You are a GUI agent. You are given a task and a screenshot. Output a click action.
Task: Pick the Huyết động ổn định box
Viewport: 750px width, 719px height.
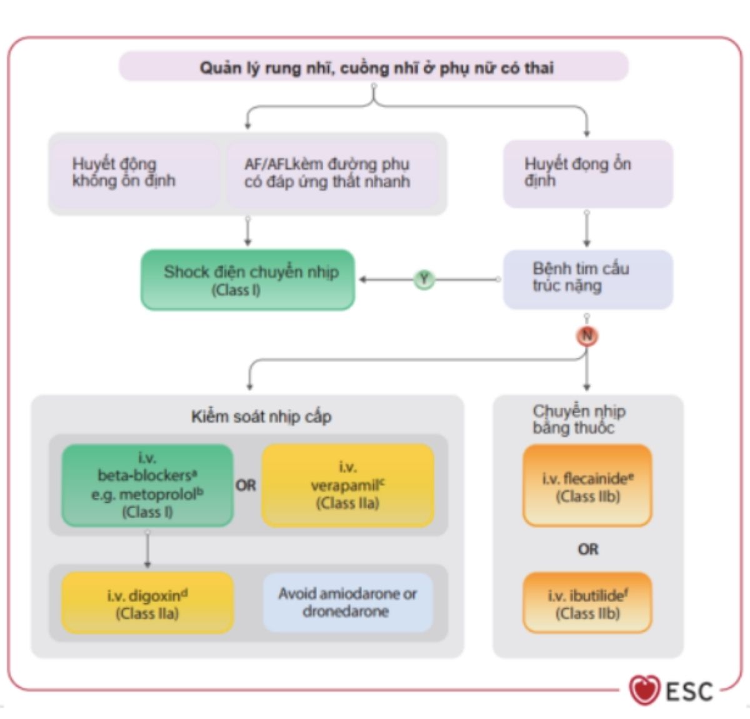587,173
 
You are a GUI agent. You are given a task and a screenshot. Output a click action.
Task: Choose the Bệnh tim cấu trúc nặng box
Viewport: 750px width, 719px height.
587,278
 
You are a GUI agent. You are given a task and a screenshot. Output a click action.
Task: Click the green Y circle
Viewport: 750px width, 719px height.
424,279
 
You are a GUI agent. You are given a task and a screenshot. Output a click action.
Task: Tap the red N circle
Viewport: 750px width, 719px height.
587,336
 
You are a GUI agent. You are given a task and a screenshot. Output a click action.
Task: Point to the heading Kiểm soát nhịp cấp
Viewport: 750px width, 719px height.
261,416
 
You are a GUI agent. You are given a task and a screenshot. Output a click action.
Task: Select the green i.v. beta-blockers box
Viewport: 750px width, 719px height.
147,485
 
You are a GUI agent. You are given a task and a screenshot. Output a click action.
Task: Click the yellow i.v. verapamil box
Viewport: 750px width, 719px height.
347,485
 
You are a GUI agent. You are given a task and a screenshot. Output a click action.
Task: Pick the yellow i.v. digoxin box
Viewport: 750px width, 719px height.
147,603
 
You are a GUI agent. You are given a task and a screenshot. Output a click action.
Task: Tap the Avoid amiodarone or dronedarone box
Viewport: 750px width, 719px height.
347,602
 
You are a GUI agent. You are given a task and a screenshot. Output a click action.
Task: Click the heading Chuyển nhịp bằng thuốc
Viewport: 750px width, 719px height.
579,419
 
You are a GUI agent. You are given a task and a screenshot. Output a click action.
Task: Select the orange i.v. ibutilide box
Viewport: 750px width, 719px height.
587,603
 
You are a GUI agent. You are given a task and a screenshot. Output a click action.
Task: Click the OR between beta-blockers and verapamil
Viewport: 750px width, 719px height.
246,485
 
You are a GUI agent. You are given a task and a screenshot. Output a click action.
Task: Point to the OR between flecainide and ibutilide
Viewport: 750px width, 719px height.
587,549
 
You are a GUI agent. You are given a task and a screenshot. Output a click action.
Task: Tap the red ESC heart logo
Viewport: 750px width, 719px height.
644,690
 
